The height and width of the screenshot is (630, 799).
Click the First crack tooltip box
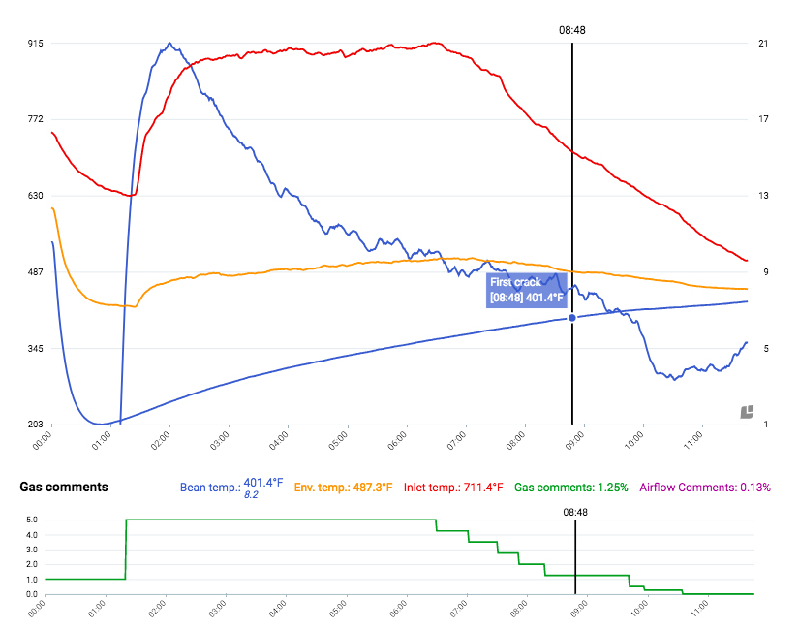tap(525, 290)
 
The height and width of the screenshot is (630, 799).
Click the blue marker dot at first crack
tap(572, 318)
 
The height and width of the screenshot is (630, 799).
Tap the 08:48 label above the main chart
tap(572, 30)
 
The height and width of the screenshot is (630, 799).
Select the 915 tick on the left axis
tap(35, 44)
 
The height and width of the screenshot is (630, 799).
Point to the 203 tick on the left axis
tap(35, 425)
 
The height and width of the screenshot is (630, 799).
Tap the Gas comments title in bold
tap(64, 487)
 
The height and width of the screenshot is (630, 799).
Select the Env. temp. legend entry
tap(344, 487)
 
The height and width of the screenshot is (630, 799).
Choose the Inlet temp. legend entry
tap(454, 487)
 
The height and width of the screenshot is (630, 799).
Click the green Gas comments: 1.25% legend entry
tap(571, 487)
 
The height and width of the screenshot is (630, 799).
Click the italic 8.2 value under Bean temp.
tap(250, 495)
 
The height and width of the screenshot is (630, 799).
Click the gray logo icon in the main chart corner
tap(747, 412)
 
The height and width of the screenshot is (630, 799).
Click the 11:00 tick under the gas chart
tap(701, 612)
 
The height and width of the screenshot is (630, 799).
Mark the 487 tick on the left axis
tap(35, 272)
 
